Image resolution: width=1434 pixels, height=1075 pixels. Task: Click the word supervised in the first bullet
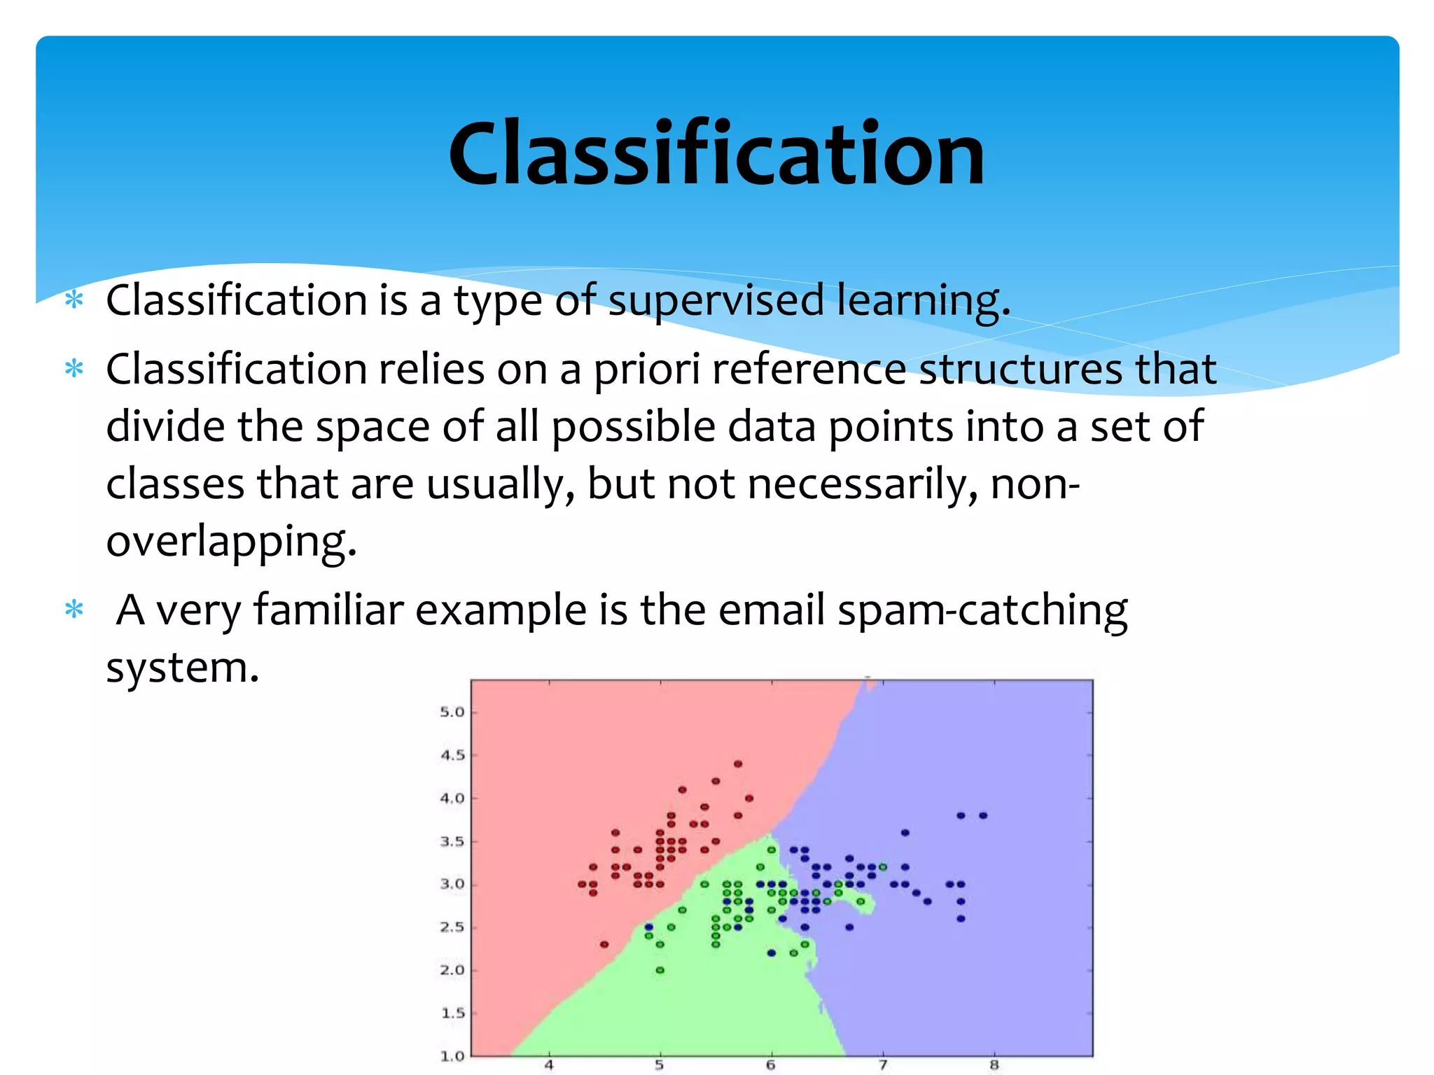coord(716,300)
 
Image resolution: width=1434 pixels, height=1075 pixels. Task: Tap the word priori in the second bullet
coord(646,370)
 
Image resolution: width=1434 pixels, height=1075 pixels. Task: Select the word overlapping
coord(230,541)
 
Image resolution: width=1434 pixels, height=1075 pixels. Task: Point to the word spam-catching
coord(982,610)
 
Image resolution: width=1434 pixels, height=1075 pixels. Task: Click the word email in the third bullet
coord(771,609)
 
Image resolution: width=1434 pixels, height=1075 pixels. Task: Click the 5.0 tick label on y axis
coord(452,712)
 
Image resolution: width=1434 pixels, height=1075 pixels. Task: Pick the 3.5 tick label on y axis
coord(452,841)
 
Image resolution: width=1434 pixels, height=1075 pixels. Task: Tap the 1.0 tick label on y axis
coord(452,1055)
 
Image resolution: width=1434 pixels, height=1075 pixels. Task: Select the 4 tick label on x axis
coord(549,1065)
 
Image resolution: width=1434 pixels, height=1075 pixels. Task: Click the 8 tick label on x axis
coord(994,1065)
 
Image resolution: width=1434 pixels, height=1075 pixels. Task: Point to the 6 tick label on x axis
coord(770,1065)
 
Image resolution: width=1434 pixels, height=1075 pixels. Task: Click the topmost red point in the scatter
coord(737,764)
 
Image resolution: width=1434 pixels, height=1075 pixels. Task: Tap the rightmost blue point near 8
coord(983,815)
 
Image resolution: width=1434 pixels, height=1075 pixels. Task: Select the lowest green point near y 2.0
coord(660,970)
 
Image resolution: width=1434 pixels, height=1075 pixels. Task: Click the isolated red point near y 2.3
coord(604,944)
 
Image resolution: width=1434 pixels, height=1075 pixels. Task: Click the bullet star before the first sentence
coord(74,301)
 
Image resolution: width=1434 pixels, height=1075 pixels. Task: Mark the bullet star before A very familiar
coord(74,610)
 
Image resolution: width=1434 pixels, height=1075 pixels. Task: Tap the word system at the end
coord(182,668)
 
